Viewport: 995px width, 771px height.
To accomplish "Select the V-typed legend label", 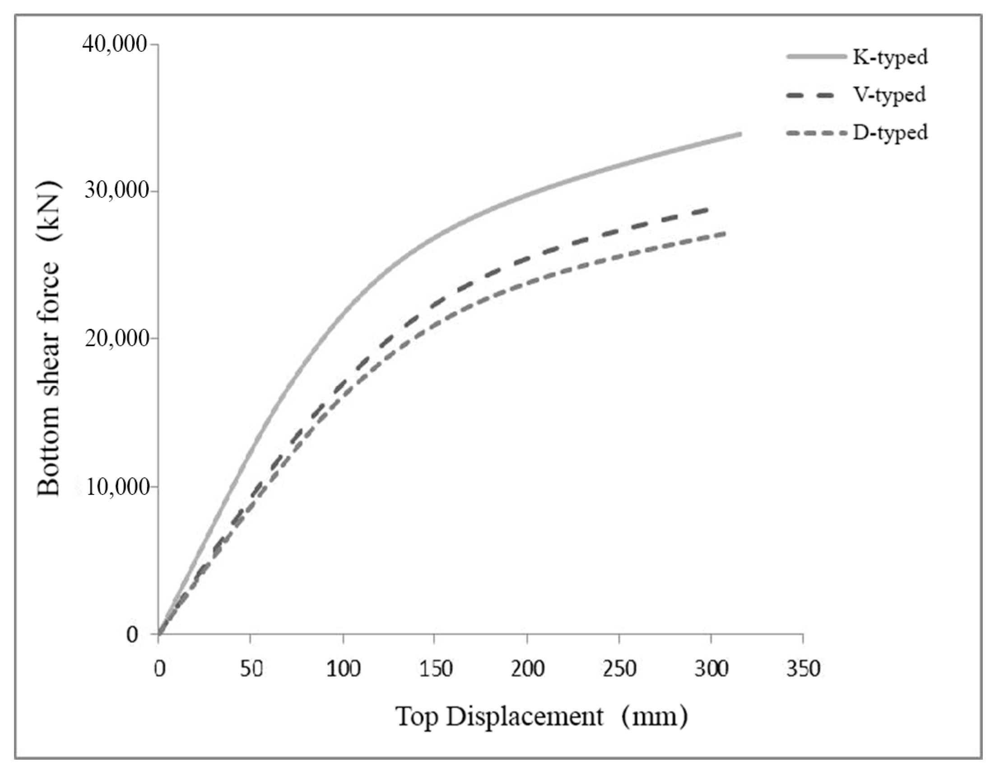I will pos(889,95).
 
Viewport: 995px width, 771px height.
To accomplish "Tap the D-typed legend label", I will pos(890,133).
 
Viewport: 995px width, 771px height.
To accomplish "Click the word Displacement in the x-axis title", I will pos(525,717).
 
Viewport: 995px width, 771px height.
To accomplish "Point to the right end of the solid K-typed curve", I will pos(740,135).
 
